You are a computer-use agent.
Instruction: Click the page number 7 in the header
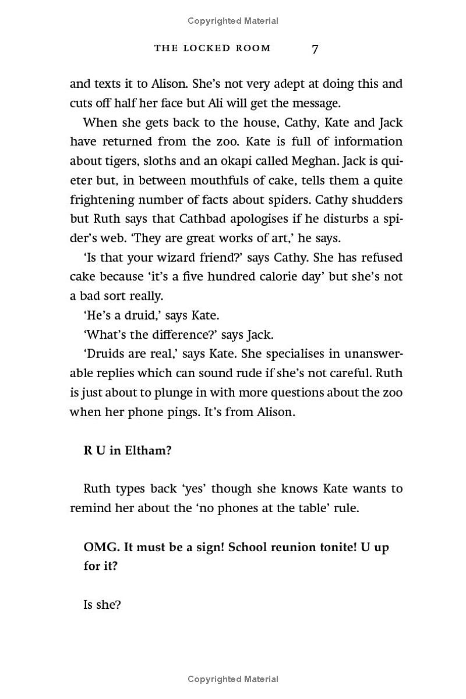click(x=315, y=49)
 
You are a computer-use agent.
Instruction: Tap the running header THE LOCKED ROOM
click(x=213, y=48)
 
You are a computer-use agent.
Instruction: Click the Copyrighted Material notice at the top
click(x=233, y=21)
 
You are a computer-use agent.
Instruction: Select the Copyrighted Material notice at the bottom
click(x=233, y=679)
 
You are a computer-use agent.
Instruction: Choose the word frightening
click(x=105, y=200)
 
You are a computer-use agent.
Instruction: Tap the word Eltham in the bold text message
click(x=148, y=451)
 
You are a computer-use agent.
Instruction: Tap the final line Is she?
click(x=102, y=605)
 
